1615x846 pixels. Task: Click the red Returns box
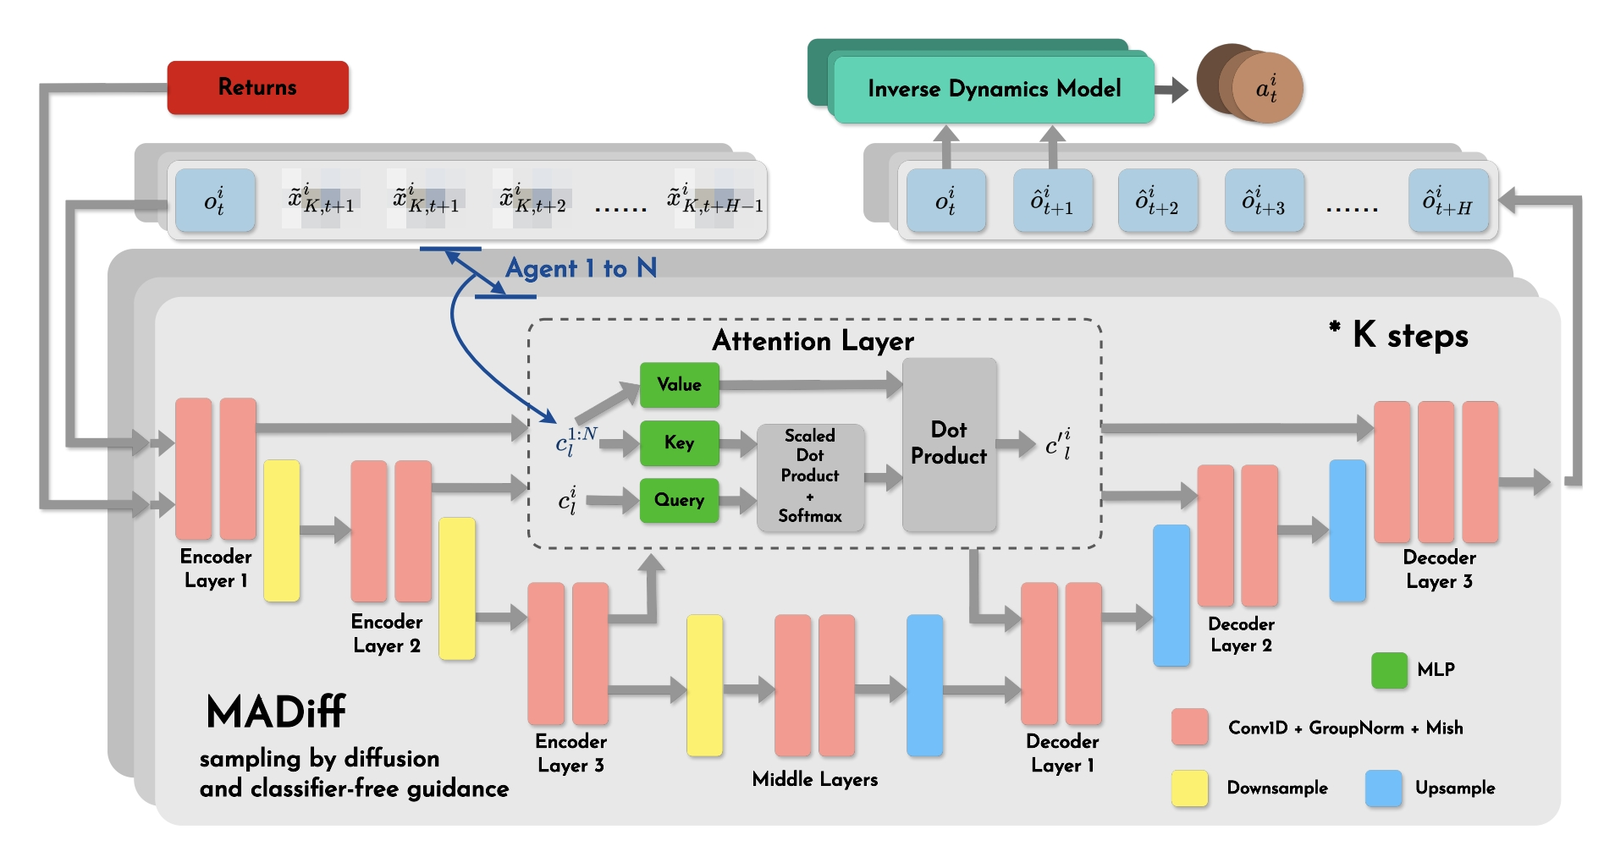point(257,87)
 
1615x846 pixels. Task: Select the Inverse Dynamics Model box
point(994,89)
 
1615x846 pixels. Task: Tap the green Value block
point(679,385)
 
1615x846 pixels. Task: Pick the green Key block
point(679,442)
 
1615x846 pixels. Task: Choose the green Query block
point(679,500)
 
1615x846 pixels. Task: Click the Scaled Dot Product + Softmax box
point(810,476)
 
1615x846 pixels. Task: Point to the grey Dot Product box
point(949,444)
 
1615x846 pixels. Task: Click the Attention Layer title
point(813,341)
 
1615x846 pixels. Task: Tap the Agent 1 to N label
point(581,269)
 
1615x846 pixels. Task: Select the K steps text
point(1409,336)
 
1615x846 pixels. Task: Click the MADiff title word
point(276,712)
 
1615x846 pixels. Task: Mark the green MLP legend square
point(1389,670)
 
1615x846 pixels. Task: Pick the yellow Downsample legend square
point(1189,788)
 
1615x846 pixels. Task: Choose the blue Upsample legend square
point(1383,788)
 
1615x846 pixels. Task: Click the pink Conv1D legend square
point(1189,728)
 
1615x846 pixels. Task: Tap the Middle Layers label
point(814,779)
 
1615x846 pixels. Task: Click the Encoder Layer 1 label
point(216,569)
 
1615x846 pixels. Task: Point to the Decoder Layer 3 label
point(1439,569)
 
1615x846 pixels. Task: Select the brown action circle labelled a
point(1265,89)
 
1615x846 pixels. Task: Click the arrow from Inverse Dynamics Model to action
point(1172,89)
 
